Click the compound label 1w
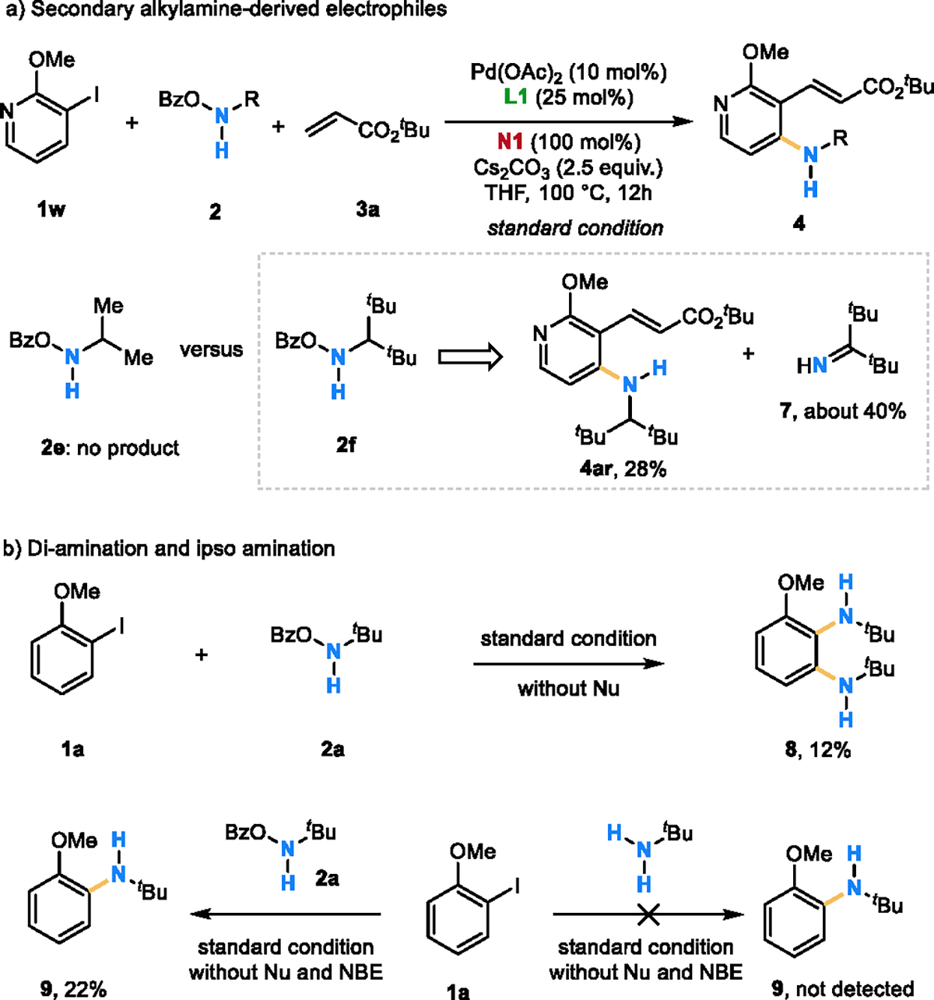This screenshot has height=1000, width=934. [x=51, y=209]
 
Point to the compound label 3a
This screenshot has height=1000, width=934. [x=367, y=209]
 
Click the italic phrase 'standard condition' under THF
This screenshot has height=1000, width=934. [x=575, y=228]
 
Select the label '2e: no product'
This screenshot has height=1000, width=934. [x=110, y=448]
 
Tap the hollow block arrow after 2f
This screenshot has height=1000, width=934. [x=469, y=356]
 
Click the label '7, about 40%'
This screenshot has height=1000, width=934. [x=843, y=411]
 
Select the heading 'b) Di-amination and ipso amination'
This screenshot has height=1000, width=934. [x=169, y=549]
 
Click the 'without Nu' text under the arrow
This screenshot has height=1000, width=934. [x=568, y=689]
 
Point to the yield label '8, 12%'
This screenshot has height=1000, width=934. [x=818, y=750]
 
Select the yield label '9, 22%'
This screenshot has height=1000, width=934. [x=73, y=989]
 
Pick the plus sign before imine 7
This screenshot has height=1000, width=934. [x=748, y=354]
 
